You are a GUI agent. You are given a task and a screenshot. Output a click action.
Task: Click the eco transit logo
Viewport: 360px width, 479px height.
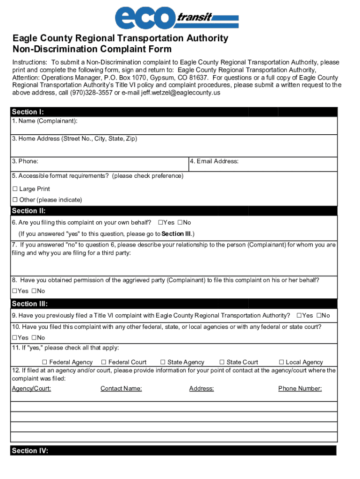(x=177, y=19)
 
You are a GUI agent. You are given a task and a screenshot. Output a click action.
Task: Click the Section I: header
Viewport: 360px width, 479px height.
(x=28, y=112)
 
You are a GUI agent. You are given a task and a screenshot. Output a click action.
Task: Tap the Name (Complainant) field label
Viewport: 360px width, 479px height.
(x=45, y=121)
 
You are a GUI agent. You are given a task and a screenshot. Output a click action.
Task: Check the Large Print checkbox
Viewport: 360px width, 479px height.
(x=14, y=189)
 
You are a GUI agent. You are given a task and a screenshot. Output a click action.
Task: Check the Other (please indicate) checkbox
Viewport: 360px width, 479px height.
(x=14, y=200)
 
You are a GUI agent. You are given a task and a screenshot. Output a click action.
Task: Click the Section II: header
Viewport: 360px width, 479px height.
(x=29, y=211)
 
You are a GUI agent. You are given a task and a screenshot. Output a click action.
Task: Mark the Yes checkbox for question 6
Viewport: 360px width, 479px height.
(x=160, y=223)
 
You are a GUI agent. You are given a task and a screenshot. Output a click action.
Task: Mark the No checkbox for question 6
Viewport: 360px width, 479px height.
(x=180, y=223)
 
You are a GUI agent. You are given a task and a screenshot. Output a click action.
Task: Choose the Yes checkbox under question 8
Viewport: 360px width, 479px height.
(x=14, y=291)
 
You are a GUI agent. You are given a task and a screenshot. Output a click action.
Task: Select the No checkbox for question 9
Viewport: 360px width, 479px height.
(x=319, y=316)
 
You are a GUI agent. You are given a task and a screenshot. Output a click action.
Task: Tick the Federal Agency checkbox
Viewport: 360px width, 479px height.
(x=45, y=362)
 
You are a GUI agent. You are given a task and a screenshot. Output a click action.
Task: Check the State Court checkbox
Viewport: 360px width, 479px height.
(x=222, y=362)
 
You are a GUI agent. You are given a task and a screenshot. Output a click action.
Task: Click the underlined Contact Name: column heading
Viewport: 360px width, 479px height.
(x=121, y=389)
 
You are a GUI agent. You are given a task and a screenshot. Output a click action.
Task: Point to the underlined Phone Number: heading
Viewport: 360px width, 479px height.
(x=300, y=389)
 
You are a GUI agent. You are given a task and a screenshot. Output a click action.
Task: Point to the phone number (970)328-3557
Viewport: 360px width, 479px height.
(x=92, y=93)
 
